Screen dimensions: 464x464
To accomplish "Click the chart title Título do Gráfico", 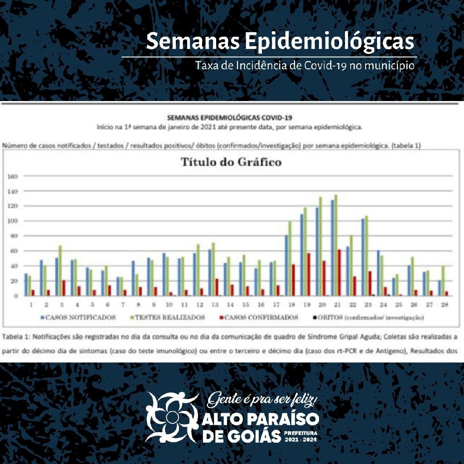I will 231,162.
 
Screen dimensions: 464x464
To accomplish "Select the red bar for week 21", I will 339,272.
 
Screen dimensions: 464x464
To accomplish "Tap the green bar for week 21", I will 335,245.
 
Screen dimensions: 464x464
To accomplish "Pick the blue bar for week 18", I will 286,265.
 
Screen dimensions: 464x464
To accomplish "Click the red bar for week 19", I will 309,274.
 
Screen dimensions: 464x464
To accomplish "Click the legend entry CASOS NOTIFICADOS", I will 77,317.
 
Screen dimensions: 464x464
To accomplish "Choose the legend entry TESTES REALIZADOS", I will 167,317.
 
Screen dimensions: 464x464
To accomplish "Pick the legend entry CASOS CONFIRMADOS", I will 258,317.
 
